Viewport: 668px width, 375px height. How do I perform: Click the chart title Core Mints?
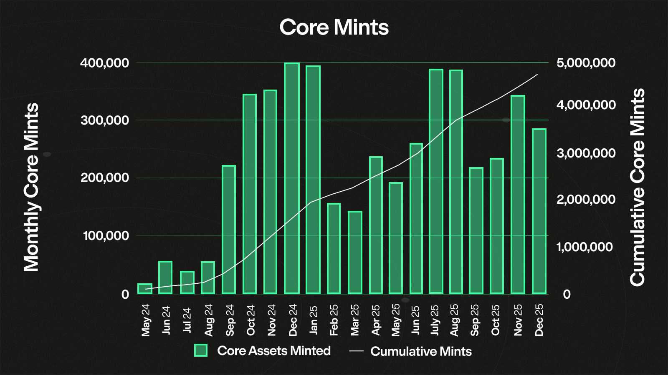click(x=334, y=27)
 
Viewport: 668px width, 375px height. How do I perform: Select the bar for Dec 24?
click(x=292, y=178)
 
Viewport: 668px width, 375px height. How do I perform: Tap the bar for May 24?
click(x=145, y=289)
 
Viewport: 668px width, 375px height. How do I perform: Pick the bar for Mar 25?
click(x=355, y=252)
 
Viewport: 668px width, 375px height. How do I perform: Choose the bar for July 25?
click(x=436, y=181)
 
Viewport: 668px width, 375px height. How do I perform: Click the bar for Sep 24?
click(x=229, y=230)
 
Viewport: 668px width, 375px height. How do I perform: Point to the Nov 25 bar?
click(x=518, y=195)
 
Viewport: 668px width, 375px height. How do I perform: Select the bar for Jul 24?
click(x=187, y=282)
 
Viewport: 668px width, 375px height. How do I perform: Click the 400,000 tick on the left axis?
click(x=104, y=63)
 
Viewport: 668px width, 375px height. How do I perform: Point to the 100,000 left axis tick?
click(x=106, y=236)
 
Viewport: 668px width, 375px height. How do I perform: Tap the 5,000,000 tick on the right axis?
click(x=586, y=63)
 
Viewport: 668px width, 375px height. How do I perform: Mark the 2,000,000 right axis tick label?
click(x=586, y=200)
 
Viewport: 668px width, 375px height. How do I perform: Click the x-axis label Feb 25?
click(x=334, y=320)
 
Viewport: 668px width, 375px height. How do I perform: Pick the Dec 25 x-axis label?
click(x=539, y=320)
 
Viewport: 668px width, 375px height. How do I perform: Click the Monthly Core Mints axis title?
click(x=31, y=187)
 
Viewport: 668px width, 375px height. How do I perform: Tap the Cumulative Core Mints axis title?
click(x=637, y=187)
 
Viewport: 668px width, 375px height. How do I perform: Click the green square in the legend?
click(x=201, y=350)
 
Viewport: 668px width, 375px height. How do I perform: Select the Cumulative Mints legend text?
click(x=421, y=351)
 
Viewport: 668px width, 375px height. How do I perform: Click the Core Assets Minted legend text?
click(x=274, y=350)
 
